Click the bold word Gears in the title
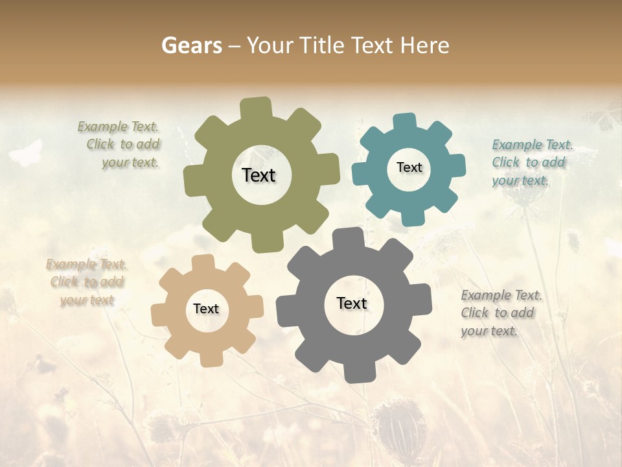pos(190,45)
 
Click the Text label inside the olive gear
pos(259,175)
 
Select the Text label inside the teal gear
pos(409,167)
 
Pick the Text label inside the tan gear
pos(206,309)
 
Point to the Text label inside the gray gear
pos(352,303)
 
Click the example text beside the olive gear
pos(119,145)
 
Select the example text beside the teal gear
pos(531,162)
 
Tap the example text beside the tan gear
pos(86,282)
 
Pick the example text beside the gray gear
pos(501,313)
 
